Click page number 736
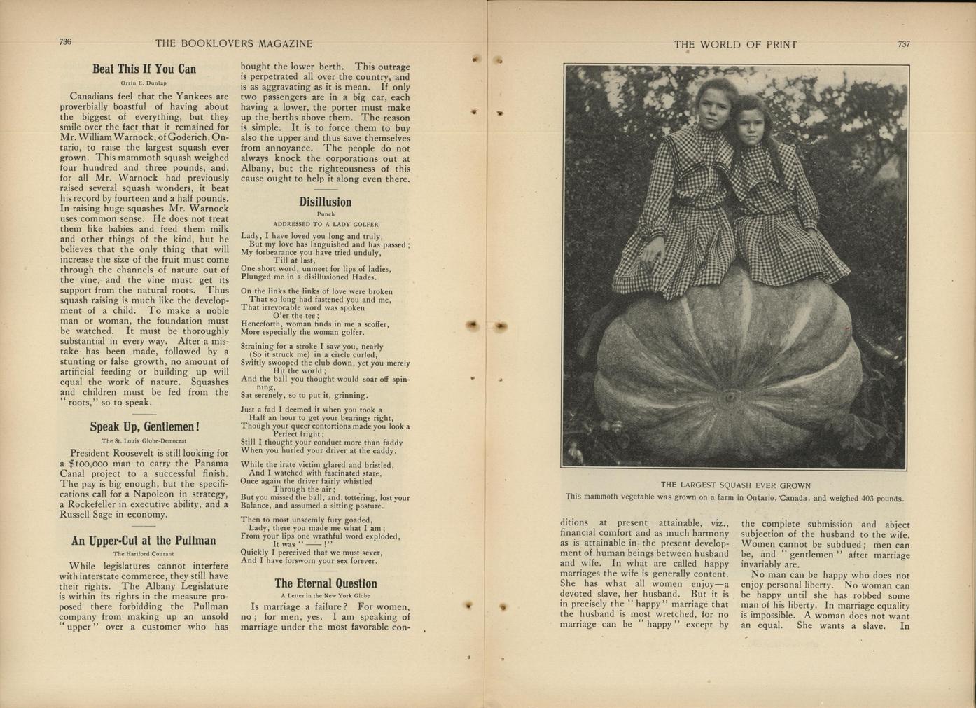(65, 42)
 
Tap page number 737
(904, 43)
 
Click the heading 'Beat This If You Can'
(144, 69)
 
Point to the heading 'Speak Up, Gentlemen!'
(144, 427)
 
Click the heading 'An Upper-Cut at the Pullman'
(144, 541)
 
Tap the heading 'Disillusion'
(325, 202)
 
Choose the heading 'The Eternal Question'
(326, 583)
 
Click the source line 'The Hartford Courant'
(144, 553)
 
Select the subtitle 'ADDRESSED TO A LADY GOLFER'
(326, 225)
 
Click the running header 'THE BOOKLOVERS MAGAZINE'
(234, 43)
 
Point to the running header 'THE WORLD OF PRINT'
(735, 45)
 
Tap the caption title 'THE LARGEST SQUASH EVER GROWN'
(735, 485)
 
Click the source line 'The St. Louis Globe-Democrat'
(144, 441)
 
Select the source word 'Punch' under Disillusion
(326, 214)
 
